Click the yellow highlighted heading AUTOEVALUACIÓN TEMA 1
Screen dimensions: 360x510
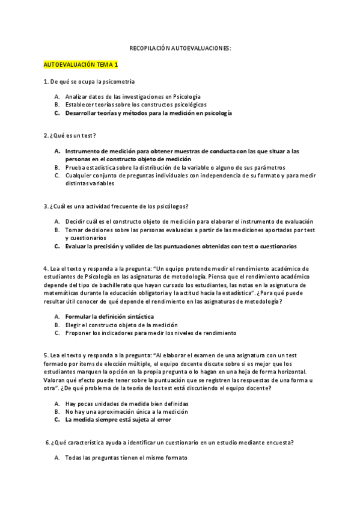point(81,64)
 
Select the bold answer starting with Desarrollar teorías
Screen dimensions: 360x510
point(148,112)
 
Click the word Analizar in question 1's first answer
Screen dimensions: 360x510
point(78,96)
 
